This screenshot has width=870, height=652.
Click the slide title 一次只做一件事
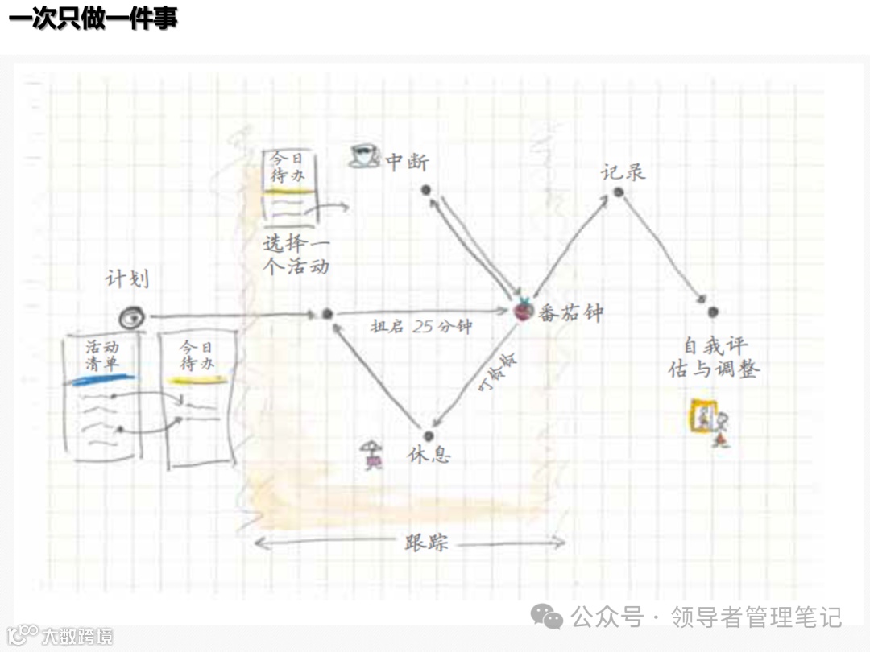tap(93, 18)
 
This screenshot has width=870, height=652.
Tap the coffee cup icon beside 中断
tap(364, 155)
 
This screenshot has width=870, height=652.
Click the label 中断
tap(407, 162)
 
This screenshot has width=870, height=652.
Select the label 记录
tap(623, 171)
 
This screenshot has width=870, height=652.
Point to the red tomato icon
tap(524, 310)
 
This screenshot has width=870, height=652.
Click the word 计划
tap(126, 280)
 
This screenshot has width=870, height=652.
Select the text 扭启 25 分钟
tap(420, 327)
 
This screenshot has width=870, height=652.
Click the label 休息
tap(429, 454)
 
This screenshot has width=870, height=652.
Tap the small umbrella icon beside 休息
tap(372, 455)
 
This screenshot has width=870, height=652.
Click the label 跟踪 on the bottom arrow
tap(426, 543)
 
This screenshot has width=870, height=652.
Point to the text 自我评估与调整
tap(714, 358)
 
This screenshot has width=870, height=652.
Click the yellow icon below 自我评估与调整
tap(710, 419)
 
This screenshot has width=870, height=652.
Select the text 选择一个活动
tap(297, 254)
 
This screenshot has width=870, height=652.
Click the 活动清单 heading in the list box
tap(102, 355)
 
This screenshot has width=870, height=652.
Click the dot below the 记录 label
tap(618, 192)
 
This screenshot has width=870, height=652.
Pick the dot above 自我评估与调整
tap(712, 312)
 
